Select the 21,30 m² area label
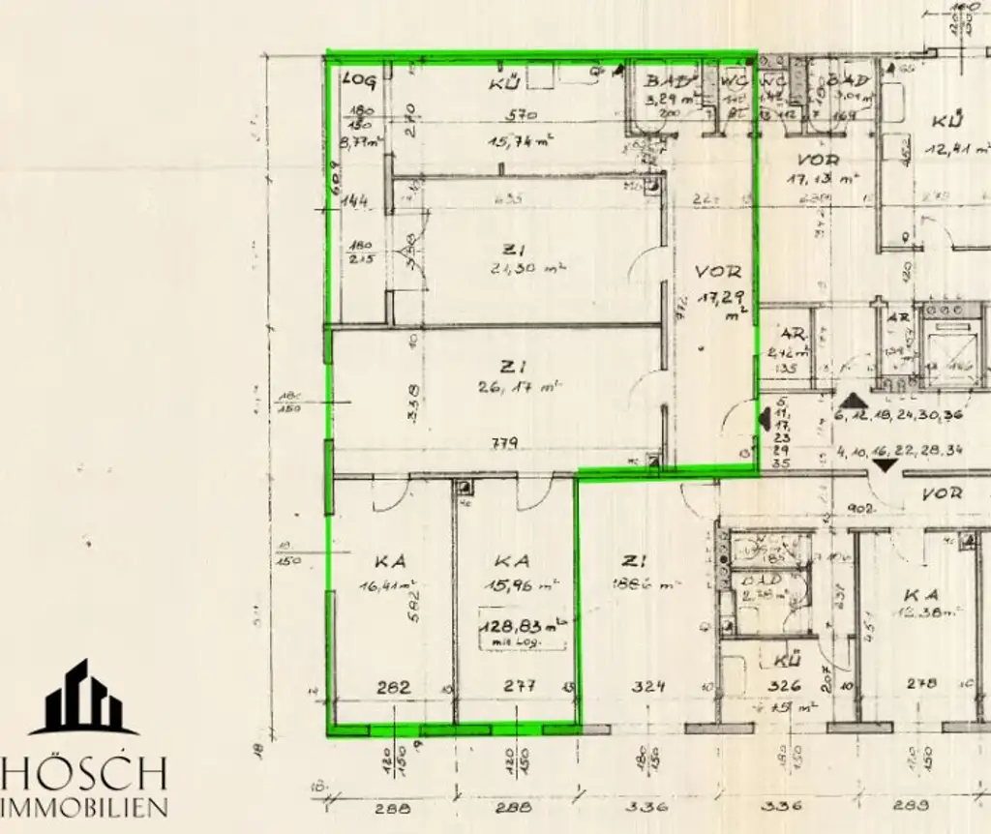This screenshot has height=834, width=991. click(527, 269)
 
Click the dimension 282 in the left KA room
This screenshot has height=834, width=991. click(394, 687)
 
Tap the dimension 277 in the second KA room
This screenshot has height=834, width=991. click(521, 687)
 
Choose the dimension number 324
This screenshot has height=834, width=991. click(648, 687)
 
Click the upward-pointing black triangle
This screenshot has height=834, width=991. click(853, 400)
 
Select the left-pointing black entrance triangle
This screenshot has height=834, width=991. click(764, 419)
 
